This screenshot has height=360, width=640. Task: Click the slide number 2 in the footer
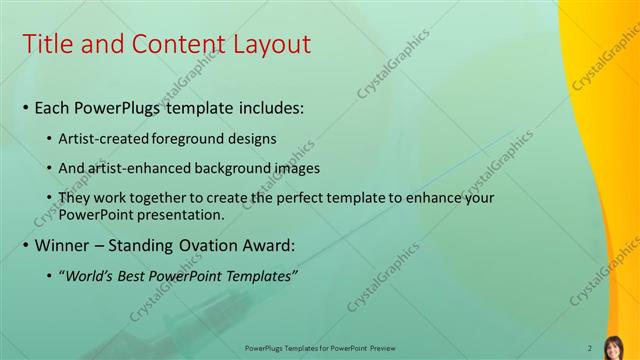(589, 348)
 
